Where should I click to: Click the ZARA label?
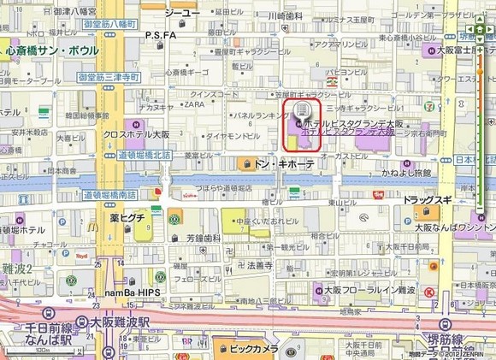195,104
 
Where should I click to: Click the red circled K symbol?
429,292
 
